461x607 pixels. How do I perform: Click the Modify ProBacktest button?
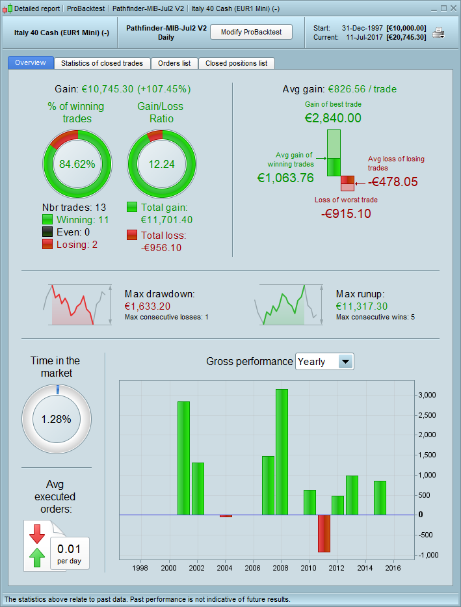pos(251,32)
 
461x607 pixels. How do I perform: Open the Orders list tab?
pos(174,63)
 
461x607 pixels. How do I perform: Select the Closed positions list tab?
pos(236,63)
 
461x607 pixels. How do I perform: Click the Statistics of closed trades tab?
pos(103,63)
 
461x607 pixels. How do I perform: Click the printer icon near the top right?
pos(440,33)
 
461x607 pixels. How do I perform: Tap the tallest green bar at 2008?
pos(282,452)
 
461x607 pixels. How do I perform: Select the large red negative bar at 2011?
pos(324,533)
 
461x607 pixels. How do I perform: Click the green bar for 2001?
pos(183,458)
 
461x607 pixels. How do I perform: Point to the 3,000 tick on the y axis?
pos(427,395)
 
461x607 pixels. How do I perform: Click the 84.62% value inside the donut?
pos(77,164)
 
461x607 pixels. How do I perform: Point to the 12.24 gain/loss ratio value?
pos(161,164)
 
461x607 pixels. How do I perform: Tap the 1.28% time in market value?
pos(56,419)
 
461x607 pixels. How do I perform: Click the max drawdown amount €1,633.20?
pos(148,306)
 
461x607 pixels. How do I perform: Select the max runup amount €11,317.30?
pos(362,306)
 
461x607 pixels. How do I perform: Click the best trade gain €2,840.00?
pos(333,118)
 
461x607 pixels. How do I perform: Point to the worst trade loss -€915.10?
pos(346,213)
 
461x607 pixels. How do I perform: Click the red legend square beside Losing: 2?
pos(47,244)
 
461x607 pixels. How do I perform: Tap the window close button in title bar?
pos(452,8)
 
